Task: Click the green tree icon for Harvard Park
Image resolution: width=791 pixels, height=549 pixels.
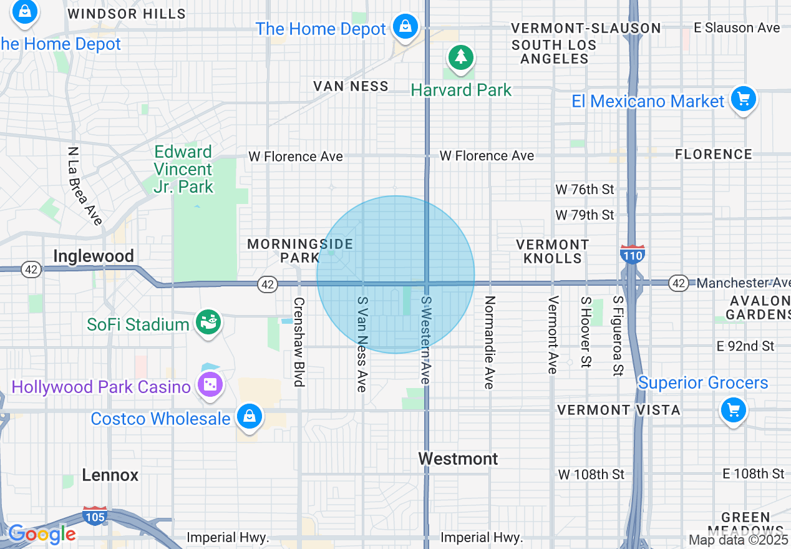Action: (x=461, y=58)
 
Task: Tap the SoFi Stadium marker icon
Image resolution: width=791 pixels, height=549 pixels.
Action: (x=209, y=323)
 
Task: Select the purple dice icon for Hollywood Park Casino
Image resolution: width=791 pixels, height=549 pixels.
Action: (x=210, y=385)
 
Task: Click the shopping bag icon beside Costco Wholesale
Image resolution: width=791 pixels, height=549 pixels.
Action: (x=250, y=416)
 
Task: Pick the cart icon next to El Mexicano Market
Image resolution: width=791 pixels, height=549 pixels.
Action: (x=743, y=99)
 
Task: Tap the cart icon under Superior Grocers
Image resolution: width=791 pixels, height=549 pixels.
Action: (x=733, y=410)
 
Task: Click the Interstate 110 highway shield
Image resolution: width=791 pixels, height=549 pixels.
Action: (x=633, y=254)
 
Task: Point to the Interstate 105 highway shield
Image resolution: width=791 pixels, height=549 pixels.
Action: (x=95, y=515)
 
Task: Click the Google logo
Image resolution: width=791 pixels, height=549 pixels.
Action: (x=42, y=534)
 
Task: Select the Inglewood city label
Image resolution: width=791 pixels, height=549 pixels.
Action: (x=94, y=256)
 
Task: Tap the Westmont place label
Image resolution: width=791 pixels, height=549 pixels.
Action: (x=458, y=459)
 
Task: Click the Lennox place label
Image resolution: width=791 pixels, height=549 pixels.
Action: (x=110, y=475)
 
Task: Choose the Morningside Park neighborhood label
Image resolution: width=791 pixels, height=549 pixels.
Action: (x=300, y=251)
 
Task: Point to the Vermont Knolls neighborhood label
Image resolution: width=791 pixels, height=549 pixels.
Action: (x=553, y=251)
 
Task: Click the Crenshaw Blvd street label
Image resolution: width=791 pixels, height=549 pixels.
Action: (x=299, y=342)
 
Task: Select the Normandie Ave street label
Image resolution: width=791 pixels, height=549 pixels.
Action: (x=490, y=343)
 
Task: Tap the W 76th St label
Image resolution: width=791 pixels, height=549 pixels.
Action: (x=585, y=189)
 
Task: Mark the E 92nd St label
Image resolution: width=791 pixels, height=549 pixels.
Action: (x=745, y=346)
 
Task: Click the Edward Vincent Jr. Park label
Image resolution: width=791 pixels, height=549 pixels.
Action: (x=183, y=169)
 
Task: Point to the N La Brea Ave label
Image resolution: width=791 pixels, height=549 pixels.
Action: (x=85, y=186)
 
